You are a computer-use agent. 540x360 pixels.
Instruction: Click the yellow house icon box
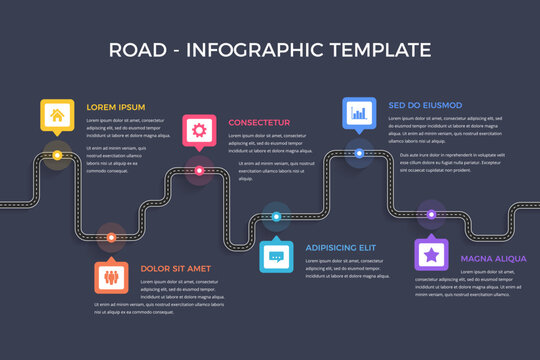(x=56, y=115)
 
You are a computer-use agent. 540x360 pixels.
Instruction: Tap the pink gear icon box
(x=198, y=130)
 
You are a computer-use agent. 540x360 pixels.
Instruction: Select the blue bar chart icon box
(x=358, y=113)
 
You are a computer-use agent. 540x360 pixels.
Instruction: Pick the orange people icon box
(x=111, y=276)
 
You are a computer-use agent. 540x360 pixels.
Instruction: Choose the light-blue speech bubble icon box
(x=276, y=256)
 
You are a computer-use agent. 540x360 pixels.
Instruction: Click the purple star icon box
(x=431, y=255)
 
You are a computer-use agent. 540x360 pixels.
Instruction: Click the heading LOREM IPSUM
(x=116, y=107)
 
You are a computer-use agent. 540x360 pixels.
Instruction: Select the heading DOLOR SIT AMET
(x=175, y=268)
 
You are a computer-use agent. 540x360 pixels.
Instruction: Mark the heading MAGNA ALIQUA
(x=493, y=258)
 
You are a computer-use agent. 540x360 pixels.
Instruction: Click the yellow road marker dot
(x=57, y=156)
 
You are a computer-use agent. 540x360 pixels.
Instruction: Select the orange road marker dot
(x=111, y=238)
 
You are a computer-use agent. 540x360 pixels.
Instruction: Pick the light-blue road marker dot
(x=276, y=215)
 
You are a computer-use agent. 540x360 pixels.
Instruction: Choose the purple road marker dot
(x=431, y=214)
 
